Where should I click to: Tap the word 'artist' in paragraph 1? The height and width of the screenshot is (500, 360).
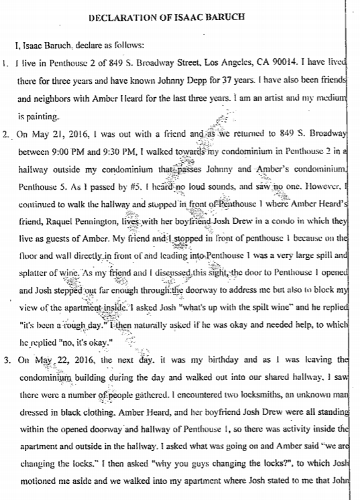pos(278,99)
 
